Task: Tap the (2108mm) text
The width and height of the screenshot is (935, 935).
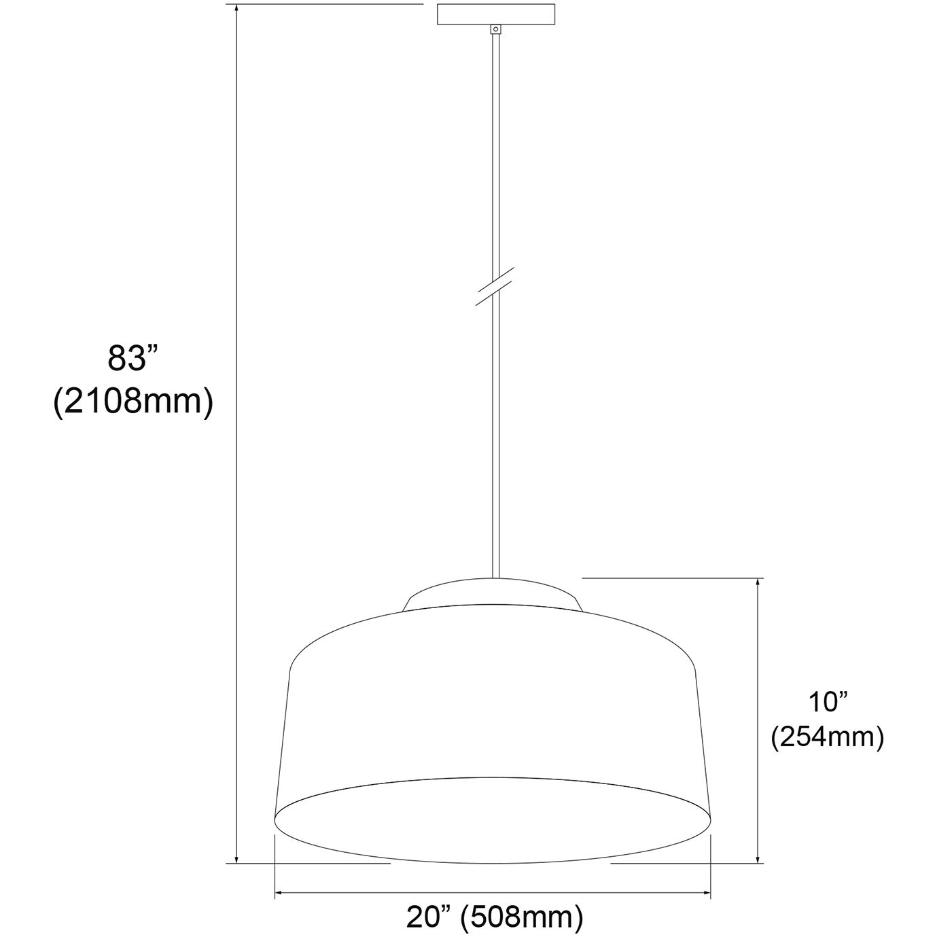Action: [133, 402]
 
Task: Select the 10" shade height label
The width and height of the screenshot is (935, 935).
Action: [826, 701]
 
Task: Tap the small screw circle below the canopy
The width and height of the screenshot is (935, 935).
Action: [496, 29]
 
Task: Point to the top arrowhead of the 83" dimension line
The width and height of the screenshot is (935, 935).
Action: [236, 10]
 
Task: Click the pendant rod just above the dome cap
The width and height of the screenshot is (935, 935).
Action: [495, 544]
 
